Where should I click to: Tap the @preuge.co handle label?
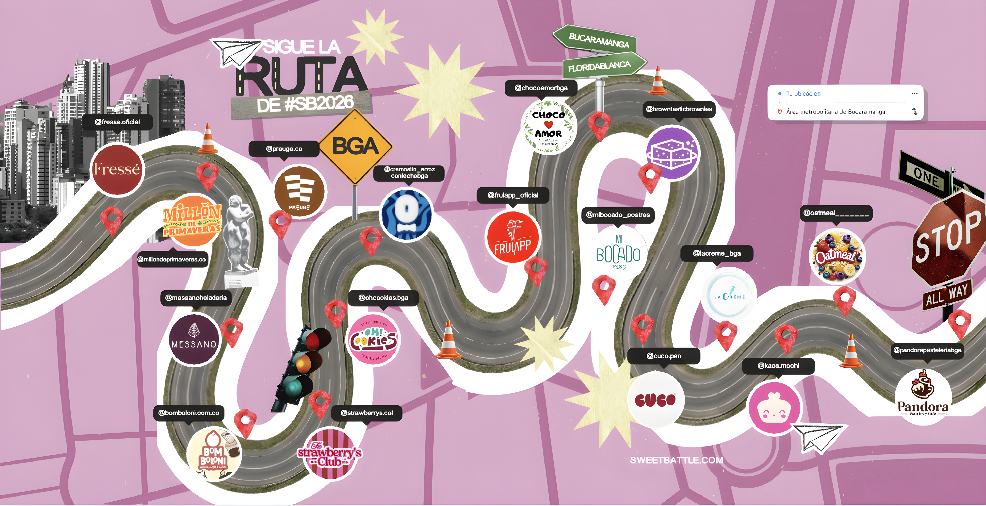284,149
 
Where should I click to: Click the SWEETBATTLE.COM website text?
676,460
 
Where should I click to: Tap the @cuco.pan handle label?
664,356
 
